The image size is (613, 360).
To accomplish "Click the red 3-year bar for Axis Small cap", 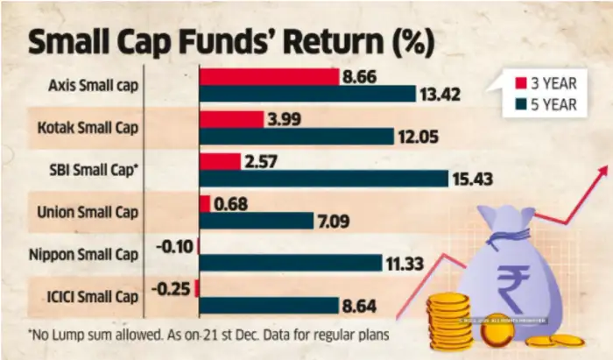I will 270,77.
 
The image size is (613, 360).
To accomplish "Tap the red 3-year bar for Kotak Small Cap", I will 232,119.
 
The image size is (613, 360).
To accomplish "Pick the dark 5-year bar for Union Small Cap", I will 257,221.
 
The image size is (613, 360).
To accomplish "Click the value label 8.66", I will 363,76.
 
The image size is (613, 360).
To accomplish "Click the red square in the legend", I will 522,83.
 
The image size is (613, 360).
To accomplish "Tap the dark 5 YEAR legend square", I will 522,105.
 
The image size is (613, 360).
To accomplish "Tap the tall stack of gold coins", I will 449,321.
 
